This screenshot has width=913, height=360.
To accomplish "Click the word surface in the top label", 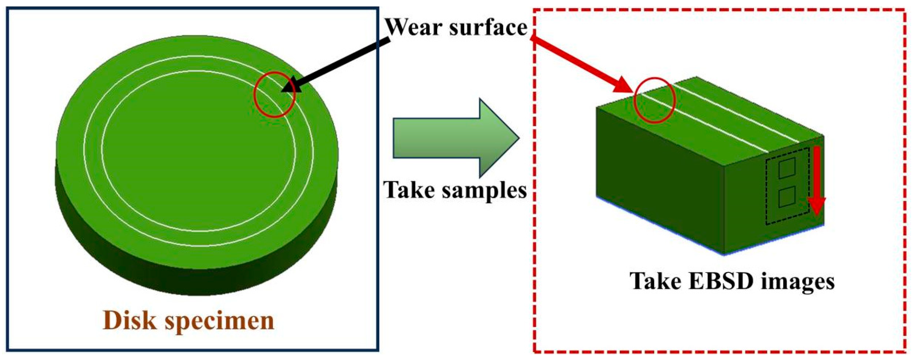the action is point(488,27).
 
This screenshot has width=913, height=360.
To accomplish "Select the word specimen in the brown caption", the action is point(219,321).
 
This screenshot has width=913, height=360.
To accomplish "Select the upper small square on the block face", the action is point(786,168).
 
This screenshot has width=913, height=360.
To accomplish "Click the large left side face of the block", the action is point(659,178).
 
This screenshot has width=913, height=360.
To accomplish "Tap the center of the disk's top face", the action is point(197,152).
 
